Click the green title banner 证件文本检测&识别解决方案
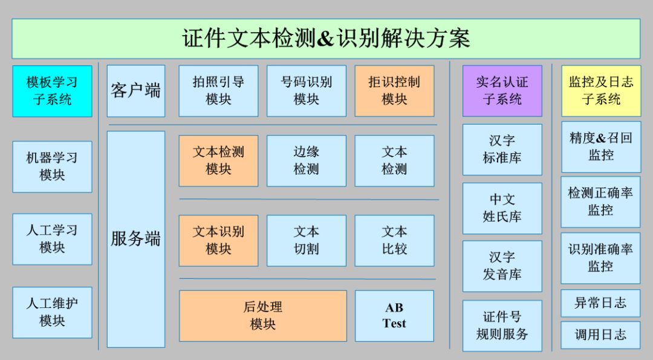coord(326,38)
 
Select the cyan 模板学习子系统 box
coord(52,91)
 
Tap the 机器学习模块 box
coord(52,166)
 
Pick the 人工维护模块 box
coord(52,312)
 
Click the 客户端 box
coord(135,91)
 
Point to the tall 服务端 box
coord(135,239)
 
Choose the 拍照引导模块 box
coord(218,91)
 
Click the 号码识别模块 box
coord(306,91)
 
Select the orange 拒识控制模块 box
coord(394,91)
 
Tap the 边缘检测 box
coord(306,160)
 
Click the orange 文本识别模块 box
coord(218,240)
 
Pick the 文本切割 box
coord(306,240)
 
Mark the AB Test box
coord(394,315)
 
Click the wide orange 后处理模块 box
coord(262,315)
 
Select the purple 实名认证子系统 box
coord(502,91)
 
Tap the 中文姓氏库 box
coord(502,208)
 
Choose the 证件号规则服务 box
coord(502,326)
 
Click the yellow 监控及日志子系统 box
coord(600,91)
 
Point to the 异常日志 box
coord(600,303)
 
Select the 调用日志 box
coord(600,335)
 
